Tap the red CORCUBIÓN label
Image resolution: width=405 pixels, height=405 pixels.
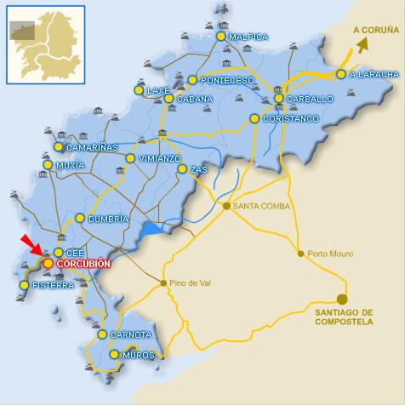coord(83,265)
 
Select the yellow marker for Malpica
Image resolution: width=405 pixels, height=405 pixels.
coord(221,37)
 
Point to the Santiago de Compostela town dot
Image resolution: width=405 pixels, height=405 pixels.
coord(342,299)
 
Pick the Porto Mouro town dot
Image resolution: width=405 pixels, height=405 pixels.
coord(300,253)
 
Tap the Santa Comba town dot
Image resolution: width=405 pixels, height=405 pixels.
coord(226,206)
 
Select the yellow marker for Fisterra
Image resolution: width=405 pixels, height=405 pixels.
coord(24,285)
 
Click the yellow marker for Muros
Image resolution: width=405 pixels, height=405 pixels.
coord(114,353)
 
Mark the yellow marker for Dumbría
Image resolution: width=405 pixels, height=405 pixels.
coord(80,219)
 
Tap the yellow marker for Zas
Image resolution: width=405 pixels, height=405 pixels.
coord(182,169)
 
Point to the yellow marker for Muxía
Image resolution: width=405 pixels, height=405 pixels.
coord(48,164)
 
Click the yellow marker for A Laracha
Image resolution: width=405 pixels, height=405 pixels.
coord(341,74)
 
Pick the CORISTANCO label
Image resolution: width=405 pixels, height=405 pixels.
coord(290,119)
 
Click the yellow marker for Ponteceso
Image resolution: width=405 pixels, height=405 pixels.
coord(192,81)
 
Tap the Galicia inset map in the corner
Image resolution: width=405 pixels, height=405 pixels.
coord(44,43)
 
